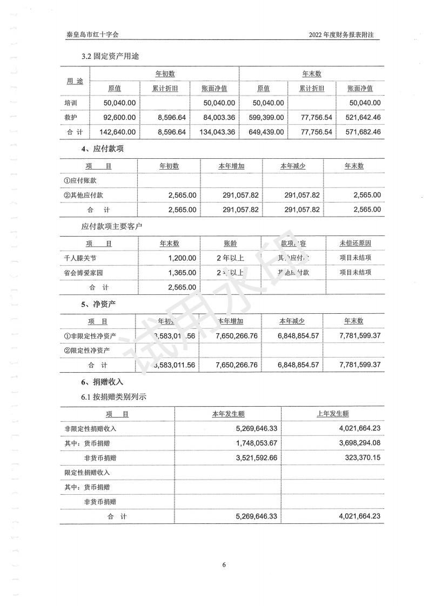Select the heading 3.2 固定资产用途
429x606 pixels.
click(x=112, y=56)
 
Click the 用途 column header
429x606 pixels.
click(x=75, y=81)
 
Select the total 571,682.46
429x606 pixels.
click(x=361, y=132)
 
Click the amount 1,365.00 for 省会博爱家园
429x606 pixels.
click(x=183, y=273)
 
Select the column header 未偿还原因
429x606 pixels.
click(x=356, y=243)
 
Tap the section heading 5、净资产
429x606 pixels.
click(x=98, y=305)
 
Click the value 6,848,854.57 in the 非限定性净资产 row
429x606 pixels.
click(x=299, y=336)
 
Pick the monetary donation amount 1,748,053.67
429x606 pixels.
click(x=252, y=443)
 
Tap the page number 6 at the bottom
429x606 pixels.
click(x=224, y=565)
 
